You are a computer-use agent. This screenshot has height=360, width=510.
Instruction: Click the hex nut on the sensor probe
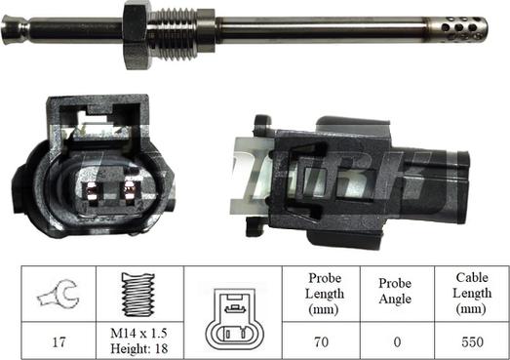137,34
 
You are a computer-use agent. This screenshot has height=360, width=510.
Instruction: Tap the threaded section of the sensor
174,34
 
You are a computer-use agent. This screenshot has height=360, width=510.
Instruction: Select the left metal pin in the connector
91,190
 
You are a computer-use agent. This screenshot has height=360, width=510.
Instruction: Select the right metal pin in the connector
130,190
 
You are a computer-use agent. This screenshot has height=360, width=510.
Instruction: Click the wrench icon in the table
59,294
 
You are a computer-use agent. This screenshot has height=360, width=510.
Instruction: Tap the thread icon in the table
137,295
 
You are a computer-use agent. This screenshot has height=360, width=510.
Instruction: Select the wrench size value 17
59,341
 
